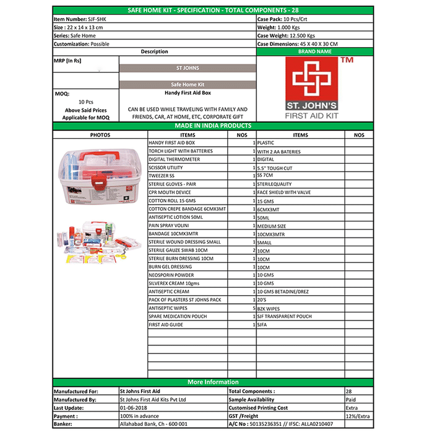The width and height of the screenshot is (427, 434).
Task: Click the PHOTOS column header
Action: click(x=100, y=135)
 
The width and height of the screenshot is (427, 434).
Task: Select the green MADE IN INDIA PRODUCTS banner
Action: click(x=213, y=126)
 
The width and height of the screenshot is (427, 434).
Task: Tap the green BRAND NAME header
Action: click(x=315, y=52)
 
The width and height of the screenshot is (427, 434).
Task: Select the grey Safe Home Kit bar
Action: click(x=187, y=84)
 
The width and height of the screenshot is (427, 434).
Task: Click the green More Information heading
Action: click(x=213, y=382)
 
